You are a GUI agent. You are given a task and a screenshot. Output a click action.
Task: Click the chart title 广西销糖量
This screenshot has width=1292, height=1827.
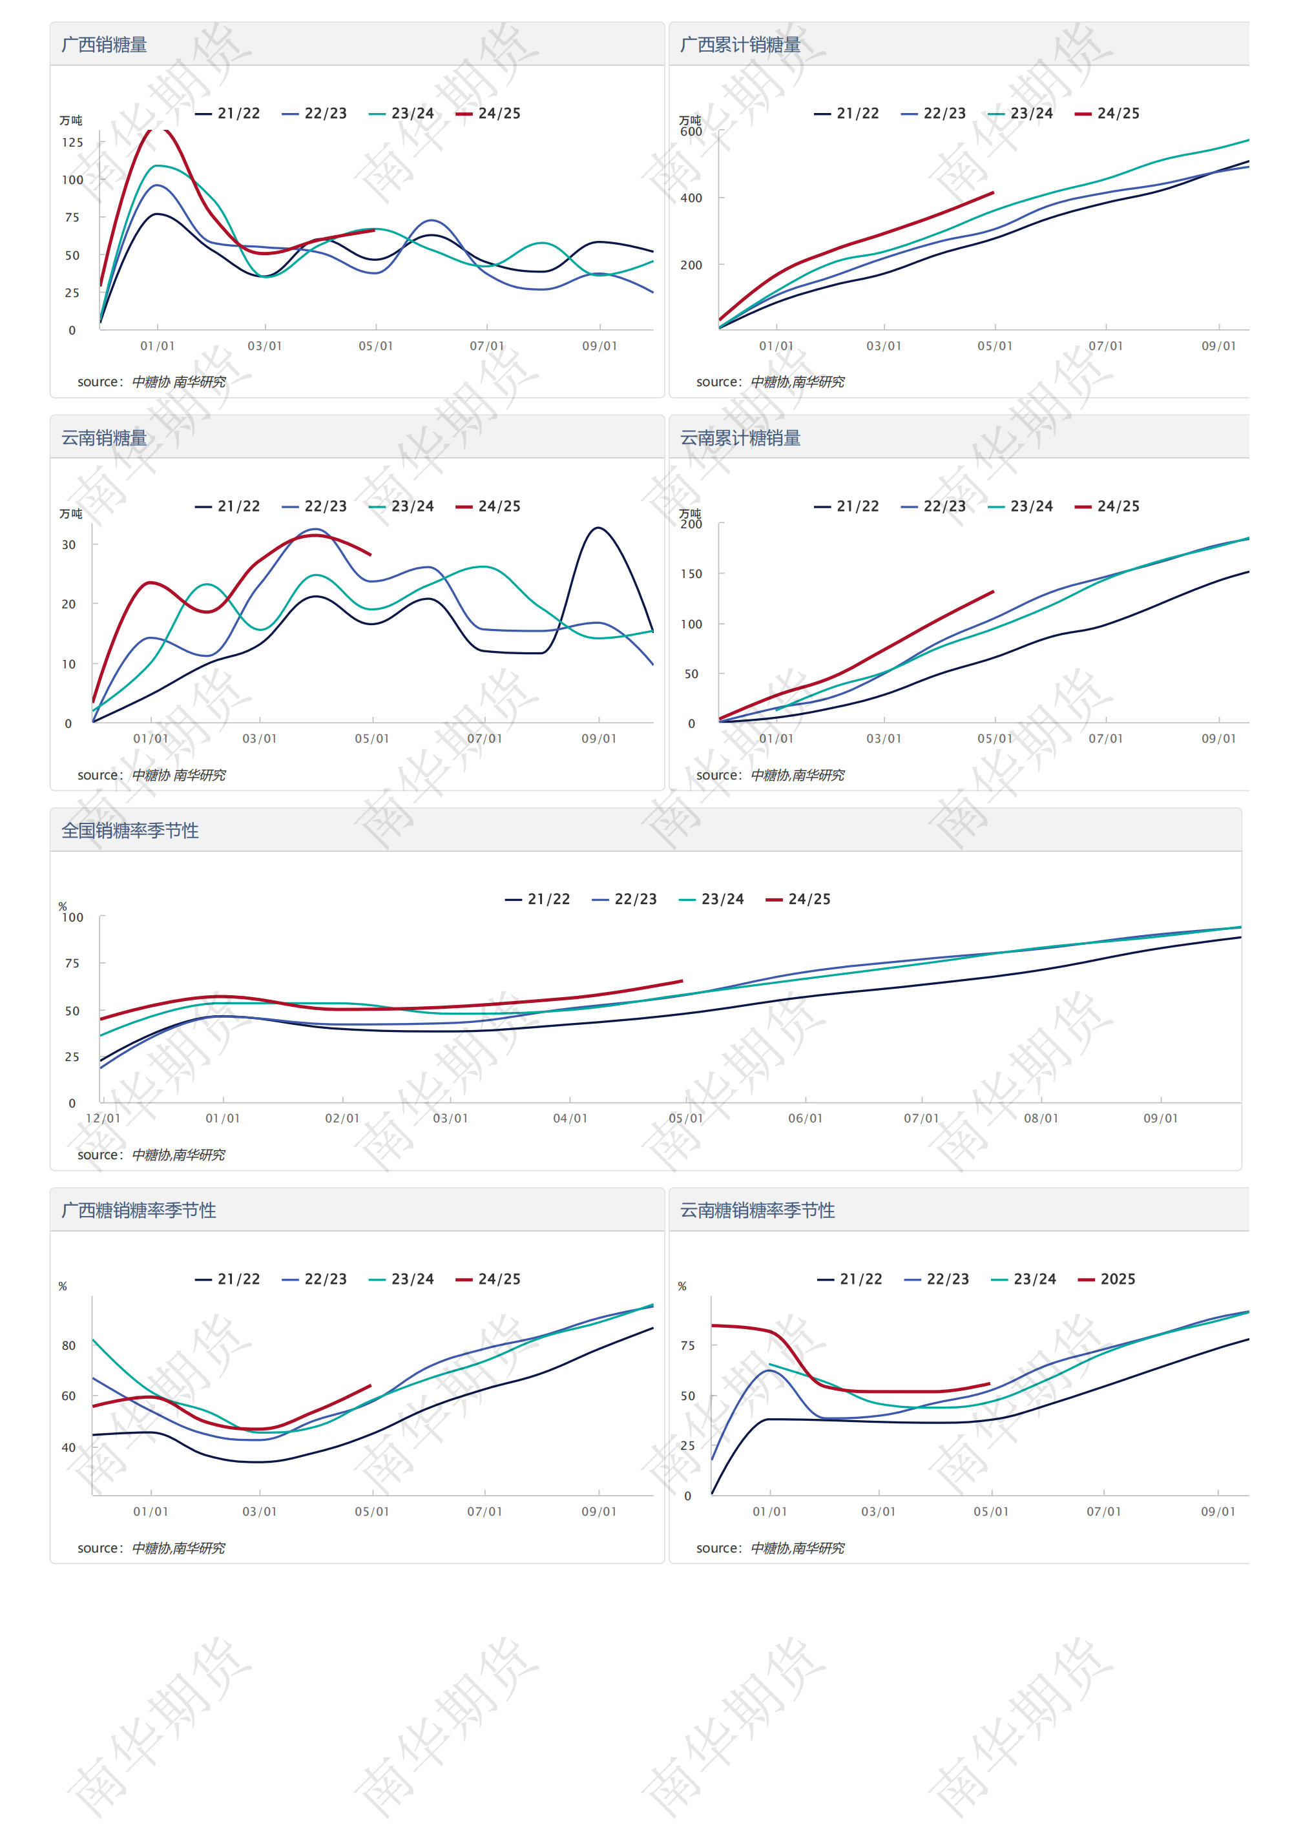tap(104, 45)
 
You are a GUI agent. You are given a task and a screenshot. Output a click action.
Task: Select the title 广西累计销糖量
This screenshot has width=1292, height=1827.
tap(740, 45)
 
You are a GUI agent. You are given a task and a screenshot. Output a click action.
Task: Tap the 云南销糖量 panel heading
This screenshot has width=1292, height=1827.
tap(104, 438)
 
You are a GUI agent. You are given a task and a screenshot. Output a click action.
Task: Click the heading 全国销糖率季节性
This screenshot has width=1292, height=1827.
tap(130, 830)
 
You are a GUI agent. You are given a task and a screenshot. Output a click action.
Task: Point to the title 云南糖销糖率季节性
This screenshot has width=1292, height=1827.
tap(757, 1210)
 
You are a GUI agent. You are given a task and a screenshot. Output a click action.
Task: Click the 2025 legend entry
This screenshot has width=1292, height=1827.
tap(1107, 1279)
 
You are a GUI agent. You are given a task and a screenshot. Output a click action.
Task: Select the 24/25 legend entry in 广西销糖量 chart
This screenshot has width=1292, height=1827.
tap(489, 113)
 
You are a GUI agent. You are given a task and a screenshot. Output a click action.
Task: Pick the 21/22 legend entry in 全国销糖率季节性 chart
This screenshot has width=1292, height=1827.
tap(538, 898)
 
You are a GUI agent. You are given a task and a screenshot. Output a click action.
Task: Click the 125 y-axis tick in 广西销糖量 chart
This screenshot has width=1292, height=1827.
tap(72, 143)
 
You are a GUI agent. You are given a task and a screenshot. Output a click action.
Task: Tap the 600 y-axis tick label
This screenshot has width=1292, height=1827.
tap(691, 131)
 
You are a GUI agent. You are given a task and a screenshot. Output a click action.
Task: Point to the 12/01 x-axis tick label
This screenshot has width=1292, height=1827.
tap(103, 1118)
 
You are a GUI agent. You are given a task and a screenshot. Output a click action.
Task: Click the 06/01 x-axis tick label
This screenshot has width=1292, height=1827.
tap(805, 1118)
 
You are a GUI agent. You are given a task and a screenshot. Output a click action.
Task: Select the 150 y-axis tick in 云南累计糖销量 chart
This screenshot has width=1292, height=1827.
tap(691, 573)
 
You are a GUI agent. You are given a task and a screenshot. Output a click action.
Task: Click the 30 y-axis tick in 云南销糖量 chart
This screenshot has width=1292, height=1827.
tap(69, 545)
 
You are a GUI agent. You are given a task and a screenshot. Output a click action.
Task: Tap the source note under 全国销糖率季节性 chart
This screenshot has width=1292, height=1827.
tap(151, 1155)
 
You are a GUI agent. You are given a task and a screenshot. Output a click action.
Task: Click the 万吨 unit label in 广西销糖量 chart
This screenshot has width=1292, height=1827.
tap(71, 120)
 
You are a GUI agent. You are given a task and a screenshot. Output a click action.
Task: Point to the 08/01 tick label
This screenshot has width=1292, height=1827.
tap(1041, 1118)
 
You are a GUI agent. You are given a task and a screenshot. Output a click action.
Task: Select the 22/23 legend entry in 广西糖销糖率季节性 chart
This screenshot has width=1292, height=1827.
tap(315, 1279)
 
